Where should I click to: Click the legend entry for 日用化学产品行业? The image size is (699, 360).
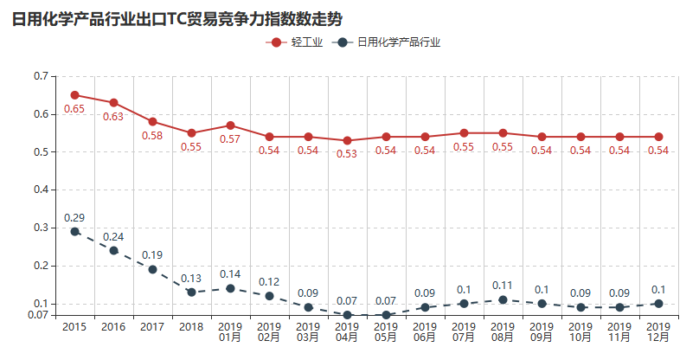pyautogui.click(x=389, y=42)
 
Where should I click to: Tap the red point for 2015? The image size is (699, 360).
pyautogui.click(x=75, y=95)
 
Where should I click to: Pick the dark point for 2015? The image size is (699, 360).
pyautogui.click(x=75, y=231)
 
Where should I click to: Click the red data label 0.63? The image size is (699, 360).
pyautogui.click(x=113, y=117)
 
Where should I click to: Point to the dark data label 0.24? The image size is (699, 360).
pyautogui.click(x=113, y=236)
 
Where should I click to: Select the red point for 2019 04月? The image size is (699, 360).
pyautogui.click(x=347, y=140)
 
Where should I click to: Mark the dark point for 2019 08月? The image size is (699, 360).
pyautogui.click(x=503, y=299)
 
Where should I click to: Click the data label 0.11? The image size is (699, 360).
pyautogui.click(x=503, y=285)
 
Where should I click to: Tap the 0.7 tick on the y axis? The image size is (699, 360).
pyautogui.click(x=41, y=76)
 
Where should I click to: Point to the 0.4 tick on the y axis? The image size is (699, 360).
pyautogui.click(x=41, y=190)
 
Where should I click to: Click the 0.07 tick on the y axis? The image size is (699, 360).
pyautogui.click(x=38, y=315)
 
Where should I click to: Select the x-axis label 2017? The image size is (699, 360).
pyautogui.click(x=152, y=327)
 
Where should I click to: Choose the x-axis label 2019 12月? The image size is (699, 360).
pyautogui.click(x=658, y=331)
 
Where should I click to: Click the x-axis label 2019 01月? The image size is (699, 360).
pyautogui.click(x=230, y=331)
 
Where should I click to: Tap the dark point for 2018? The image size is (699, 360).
pyautogui.click(x=191, y=292)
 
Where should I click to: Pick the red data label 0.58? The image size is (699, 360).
pyautogui.click(x=152, y=136)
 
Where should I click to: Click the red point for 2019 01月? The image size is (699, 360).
pyautogui.click(x=230, y=125)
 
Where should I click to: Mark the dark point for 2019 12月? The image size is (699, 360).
pyautogui.click(x=658, y=303)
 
